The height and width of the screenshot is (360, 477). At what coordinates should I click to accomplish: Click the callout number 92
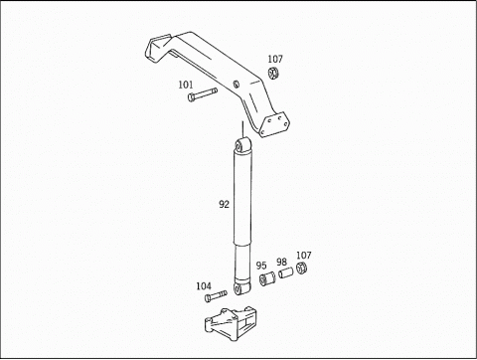[224, 204]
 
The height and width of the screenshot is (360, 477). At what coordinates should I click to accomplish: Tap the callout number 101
[186, 85]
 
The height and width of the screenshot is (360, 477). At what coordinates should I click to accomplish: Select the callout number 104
[204, 286]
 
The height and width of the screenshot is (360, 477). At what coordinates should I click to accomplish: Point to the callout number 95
[261, 266]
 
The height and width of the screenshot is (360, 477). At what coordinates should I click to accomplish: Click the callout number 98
[281, 263]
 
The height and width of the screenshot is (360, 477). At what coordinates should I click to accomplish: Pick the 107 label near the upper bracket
[275, 59]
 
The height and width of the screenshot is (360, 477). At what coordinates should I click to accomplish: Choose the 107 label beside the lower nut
[303, 256]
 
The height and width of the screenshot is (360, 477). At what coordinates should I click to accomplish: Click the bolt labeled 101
[202, 94]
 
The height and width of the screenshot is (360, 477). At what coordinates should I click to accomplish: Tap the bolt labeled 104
[216, 296]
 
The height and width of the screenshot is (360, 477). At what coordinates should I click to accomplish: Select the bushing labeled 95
[267, 278]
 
